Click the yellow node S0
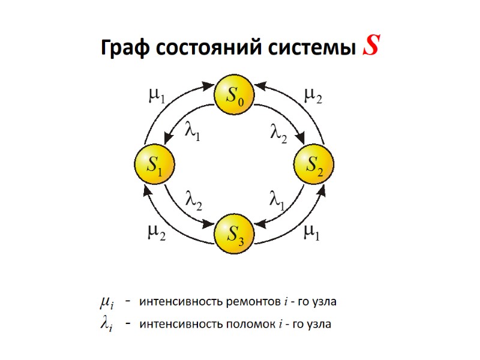click(x=234, y=95)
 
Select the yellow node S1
click(x=154, y=164)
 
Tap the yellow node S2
click(x=313, y=164)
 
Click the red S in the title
click(x=371, y=46)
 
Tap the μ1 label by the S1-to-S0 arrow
click(x=157, y=97)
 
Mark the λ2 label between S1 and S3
click(x=193, y=199)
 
